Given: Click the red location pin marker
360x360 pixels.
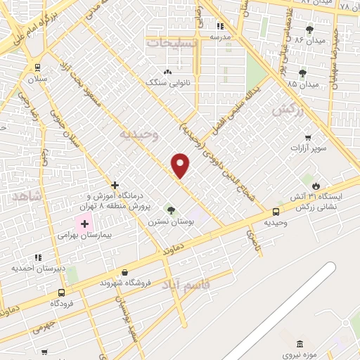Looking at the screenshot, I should tap(181, 165).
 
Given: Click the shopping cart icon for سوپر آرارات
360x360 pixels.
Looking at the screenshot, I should tap(307, 138).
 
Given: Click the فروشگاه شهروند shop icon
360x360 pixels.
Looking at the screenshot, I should tap(125, 272).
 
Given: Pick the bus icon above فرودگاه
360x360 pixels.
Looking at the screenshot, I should tap(62, 292).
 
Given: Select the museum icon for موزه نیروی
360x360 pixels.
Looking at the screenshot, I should tap(300, 344).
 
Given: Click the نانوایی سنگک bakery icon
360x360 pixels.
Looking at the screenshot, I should tap(167, 72).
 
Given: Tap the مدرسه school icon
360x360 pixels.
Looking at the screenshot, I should tap(219, 25).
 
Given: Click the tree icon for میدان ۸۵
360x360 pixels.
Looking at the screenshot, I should tap(302, 72).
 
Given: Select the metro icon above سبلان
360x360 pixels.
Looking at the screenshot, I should tap(37, 67).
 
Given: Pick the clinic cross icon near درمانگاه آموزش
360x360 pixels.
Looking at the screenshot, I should tap(115, 185).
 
